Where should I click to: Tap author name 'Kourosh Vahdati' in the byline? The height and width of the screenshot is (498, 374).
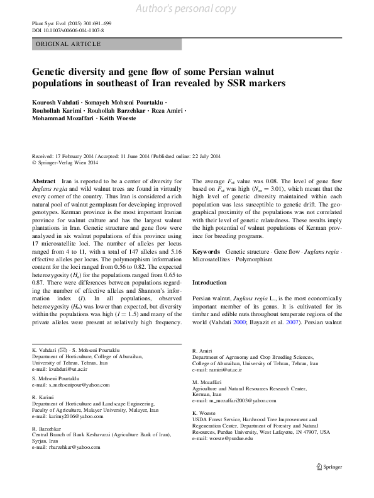tap(57, 102)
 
